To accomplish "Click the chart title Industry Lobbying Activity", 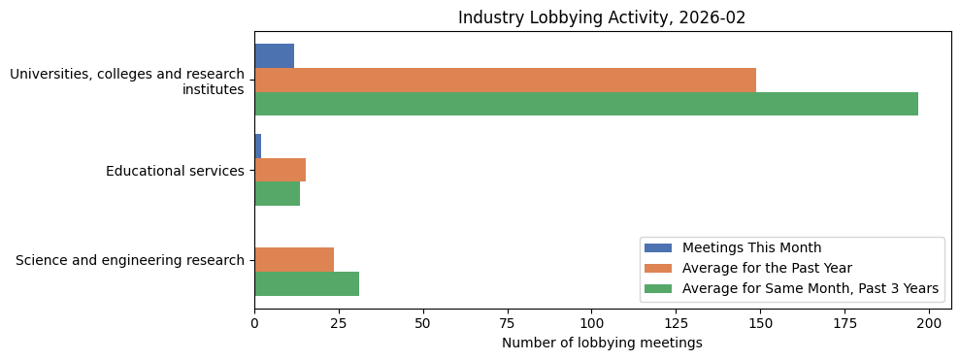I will pos(602,17).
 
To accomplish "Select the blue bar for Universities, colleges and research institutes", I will pos(274,55).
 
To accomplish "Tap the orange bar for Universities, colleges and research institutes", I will pos(505,80).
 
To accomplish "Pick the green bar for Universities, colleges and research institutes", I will pos(586,104).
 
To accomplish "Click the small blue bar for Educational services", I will pos(258,146).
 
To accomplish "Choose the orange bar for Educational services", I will pos(280,170).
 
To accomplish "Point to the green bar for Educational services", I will pos(277,194).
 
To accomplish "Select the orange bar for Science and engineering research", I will pos(294,259).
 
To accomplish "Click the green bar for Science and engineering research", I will pos(307,283).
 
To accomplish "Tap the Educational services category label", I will pos(175,171).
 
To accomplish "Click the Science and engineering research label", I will pos(130,260).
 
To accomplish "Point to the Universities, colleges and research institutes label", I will pos(127,82).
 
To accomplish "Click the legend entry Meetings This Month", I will pos(751,247).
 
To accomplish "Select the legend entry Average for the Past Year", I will pos(767,268).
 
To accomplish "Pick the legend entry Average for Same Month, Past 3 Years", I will pos(810,288).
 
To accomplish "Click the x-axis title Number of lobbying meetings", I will pos(602,343).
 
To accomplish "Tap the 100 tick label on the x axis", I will pos(591,323).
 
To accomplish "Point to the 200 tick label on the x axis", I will pos(929,323).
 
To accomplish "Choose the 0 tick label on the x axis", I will pos(254,323).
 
